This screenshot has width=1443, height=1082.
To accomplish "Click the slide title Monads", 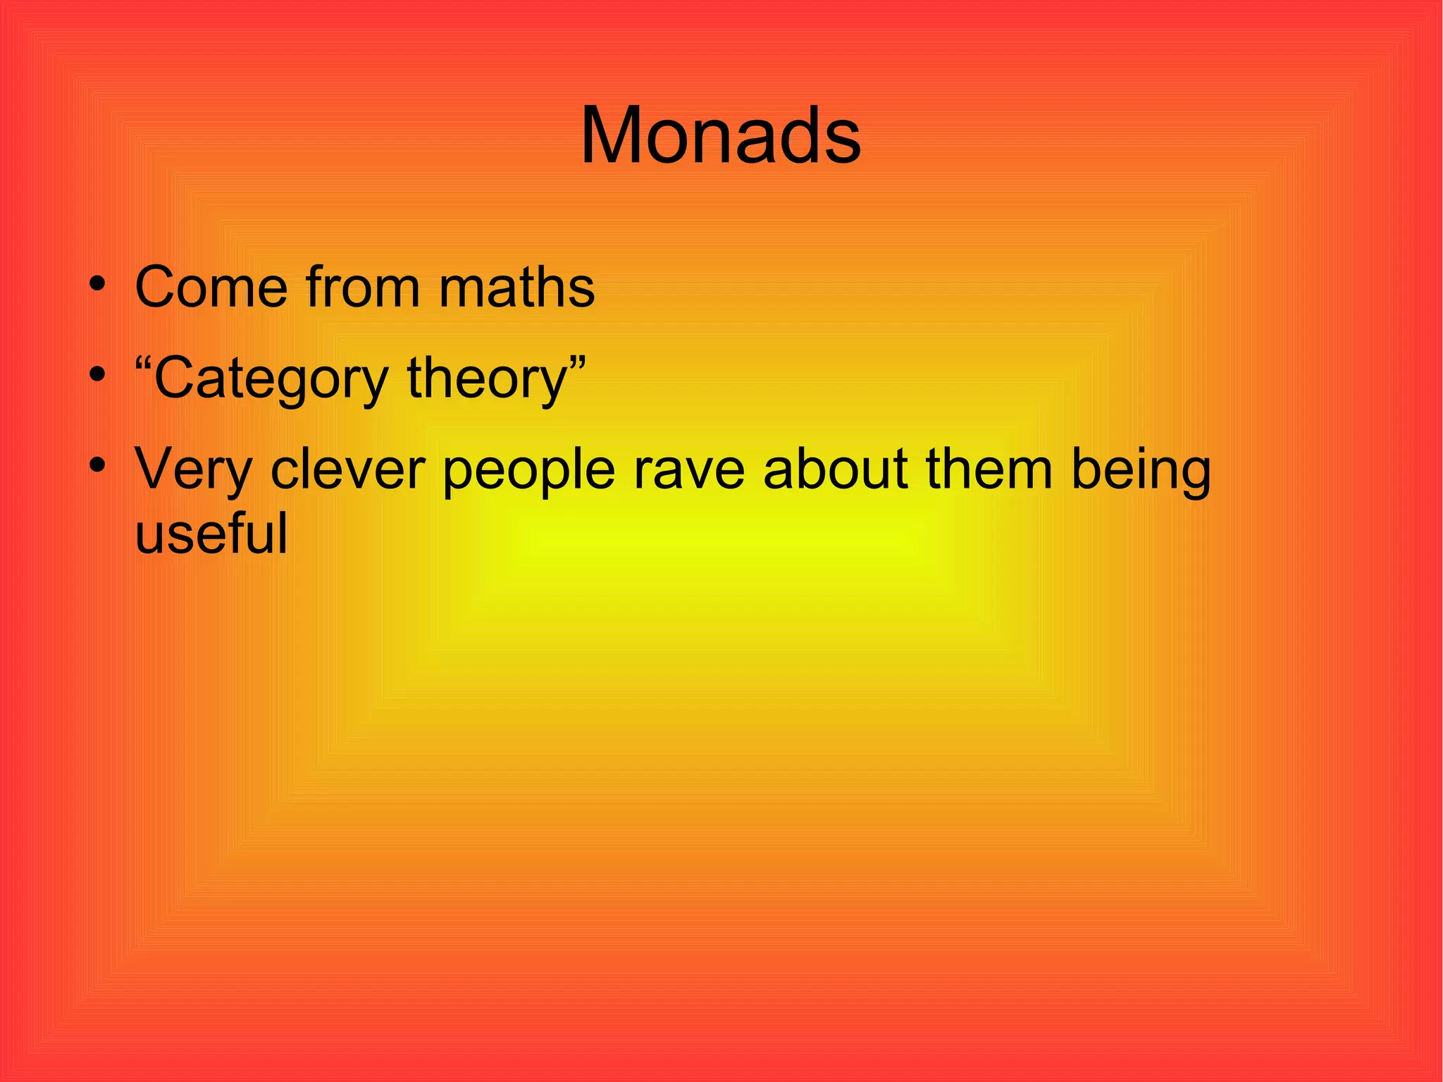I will [x=720, y=135].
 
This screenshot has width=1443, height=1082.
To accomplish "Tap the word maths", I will [x=516, y=287].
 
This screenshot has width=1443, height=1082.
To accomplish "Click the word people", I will [x=529, y=471].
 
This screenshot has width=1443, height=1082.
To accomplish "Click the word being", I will [x=1141, y=471].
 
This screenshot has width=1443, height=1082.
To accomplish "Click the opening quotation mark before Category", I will [x=144, y=364].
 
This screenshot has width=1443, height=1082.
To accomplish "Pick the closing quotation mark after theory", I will [x=577, y=364].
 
